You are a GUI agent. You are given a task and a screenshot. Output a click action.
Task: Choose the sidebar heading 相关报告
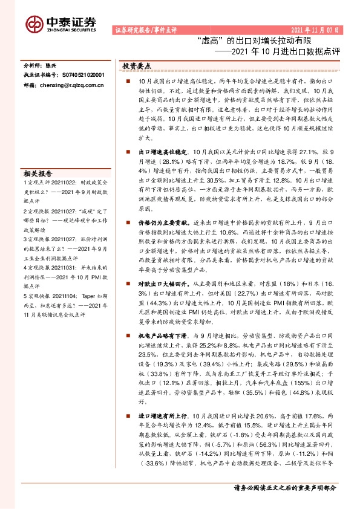click(x=38, y=172)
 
